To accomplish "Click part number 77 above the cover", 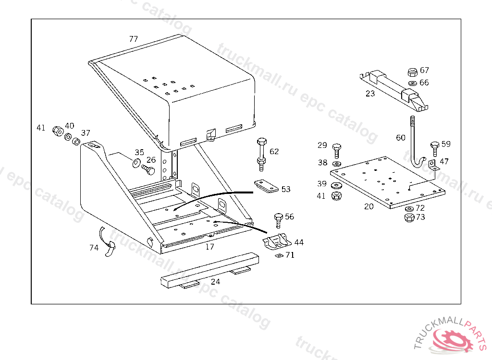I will [x=133, y=39].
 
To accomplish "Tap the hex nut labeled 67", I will [x=412, y=72].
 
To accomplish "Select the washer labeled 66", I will [x=412, y=83].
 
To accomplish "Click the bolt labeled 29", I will [x=336, y=149].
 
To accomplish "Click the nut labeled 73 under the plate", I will [x=409, y=217].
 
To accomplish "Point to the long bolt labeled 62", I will [x=261, y=154].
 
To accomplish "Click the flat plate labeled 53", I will [x=266, y=187].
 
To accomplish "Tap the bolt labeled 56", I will [x=278, y=221].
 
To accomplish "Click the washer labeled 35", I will [x=136, y=161].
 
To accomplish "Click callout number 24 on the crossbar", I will [x=215, y=282].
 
